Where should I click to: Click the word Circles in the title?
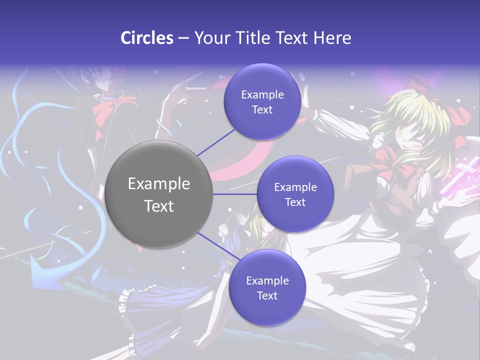[147, 38]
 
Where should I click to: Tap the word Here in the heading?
[332, 38]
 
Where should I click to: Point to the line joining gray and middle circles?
[235, 194]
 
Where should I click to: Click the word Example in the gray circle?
[159, 184]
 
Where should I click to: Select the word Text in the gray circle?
[159, 206]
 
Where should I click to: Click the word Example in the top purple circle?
[262, 94]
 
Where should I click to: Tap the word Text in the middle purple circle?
[295, 202]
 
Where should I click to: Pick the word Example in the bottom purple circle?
[267, 280]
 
